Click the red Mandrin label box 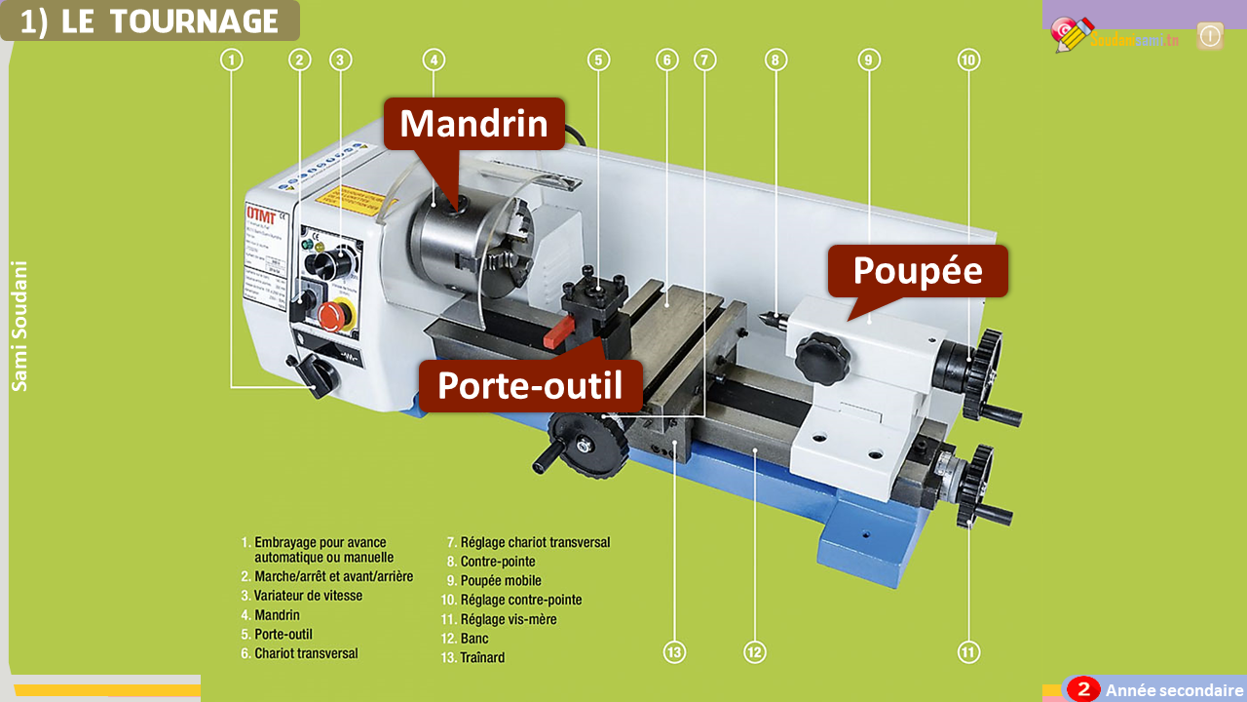[x=473, y=124]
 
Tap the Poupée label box [x=917, y=270]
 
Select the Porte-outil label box [x=530, y=385]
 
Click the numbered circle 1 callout [x=231, y=60]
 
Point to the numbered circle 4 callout [x=435, y=60]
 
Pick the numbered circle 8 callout [x=775, y=60]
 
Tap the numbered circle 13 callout [x=674, y=651]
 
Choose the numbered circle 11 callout [x=967, y=651]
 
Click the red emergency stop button [x=334, y=315]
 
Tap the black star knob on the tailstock [x=821, y=358]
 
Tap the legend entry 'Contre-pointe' [x=497, y=562]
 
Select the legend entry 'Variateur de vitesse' [x=307, y=596]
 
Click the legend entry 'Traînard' [x=482, y=657]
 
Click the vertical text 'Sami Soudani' [x=19, y=326]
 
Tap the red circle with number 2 [x=1082, y=689]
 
